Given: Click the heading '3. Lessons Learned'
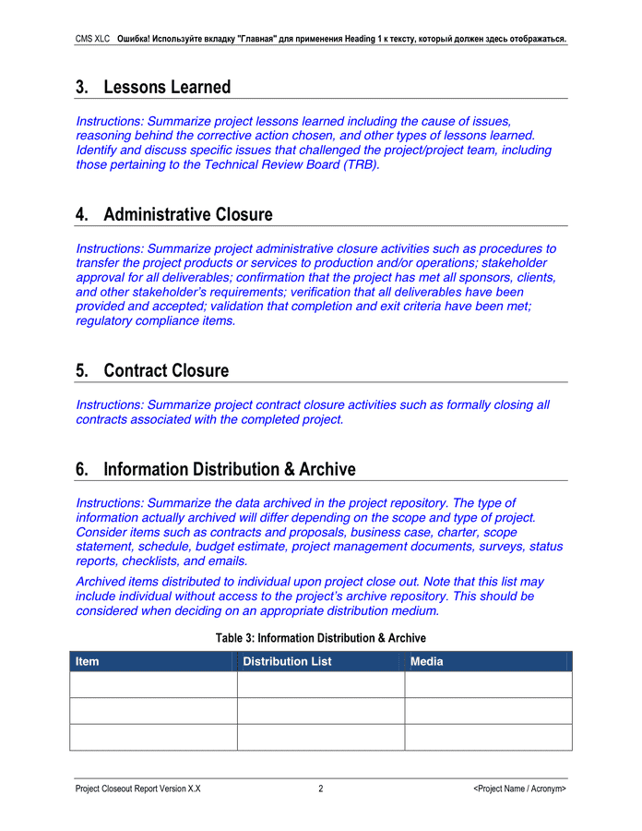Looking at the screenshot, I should [x=153, y=87].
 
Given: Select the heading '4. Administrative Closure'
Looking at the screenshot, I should [x=174, y=214].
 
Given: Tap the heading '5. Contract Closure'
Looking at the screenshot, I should [x=152, y=370].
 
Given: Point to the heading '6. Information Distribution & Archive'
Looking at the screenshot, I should [x=216, y=469].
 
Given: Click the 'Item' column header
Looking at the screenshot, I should [x=88, y=661].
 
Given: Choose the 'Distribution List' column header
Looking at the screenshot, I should [x=287, y=661].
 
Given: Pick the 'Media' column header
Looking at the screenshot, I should [x=427, y=661].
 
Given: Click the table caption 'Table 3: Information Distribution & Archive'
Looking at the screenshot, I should [x=320, y=638].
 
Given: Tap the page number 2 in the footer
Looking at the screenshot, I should [x=320, y=789].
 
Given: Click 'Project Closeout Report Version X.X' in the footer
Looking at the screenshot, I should [x=138, y=789].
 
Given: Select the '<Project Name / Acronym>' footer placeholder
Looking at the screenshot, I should [x=519, y=789].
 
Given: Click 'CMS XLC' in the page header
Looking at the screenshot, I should [x=93, y=40].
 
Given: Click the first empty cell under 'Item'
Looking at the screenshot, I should [x=153, y=684].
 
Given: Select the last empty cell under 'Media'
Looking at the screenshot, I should [x=488, y=737].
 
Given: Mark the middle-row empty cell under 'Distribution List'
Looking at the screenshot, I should [x=320, y=711].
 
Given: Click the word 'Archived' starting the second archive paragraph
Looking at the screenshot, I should [x=101, y=582].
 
